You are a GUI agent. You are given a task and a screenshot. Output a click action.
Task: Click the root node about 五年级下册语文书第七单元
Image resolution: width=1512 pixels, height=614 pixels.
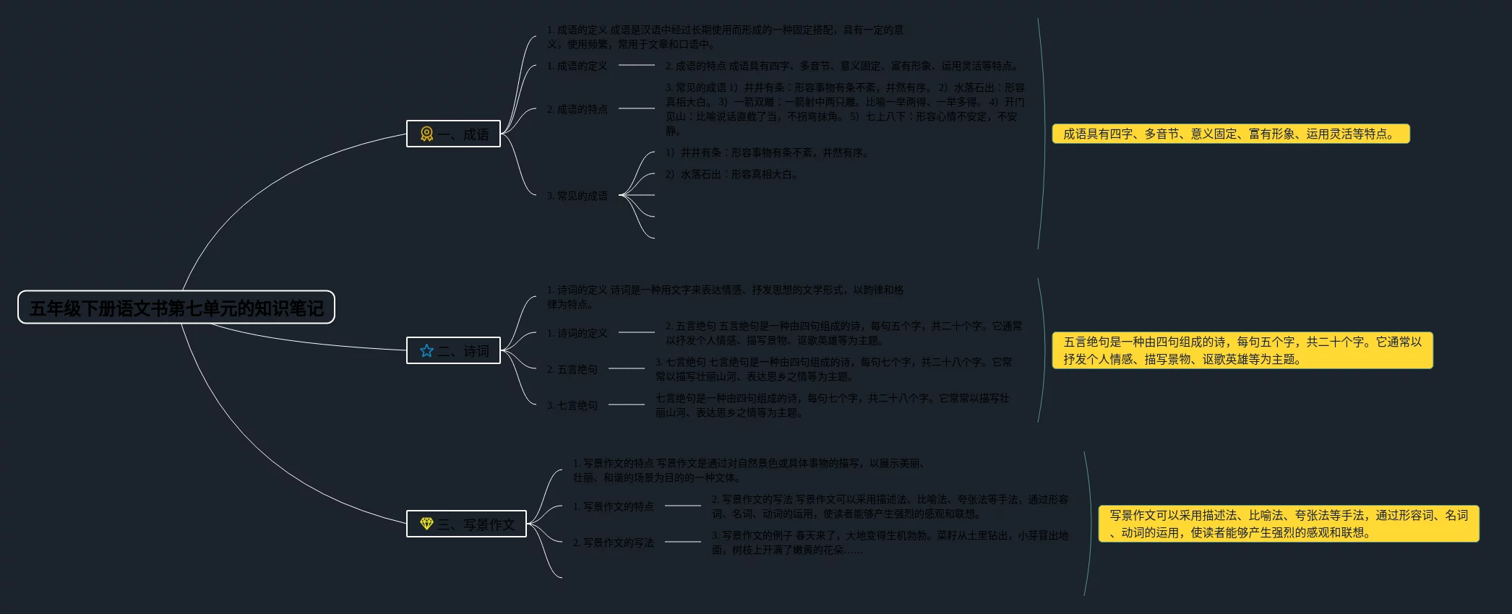pos(176,308)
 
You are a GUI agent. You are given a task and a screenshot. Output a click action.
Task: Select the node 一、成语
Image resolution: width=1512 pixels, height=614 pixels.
pos(453,134)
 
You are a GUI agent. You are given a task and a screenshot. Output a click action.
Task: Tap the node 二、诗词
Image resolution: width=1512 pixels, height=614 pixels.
pos(453,350)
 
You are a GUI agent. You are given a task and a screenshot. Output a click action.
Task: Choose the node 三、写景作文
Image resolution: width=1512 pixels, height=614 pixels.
pos(466,524)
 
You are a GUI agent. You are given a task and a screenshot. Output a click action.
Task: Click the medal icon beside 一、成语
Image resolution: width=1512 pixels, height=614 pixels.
pos(426,134)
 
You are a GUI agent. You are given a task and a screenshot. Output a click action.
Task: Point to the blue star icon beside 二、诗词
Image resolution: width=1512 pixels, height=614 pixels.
pos(426,350)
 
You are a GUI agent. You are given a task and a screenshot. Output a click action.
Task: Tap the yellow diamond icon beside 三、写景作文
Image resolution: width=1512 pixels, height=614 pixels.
pos(426,524)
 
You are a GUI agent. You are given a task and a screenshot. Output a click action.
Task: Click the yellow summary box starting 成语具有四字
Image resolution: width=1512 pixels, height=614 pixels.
pos(1230,134)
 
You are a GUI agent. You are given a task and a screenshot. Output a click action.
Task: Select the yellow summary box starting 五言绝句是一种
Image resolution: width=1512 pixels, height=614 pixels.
pos(1242,350)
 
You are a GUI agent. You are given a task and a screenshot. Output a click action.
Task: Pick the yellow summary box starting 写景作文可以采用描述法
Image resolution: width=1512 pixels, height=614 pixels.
pos(1288,524)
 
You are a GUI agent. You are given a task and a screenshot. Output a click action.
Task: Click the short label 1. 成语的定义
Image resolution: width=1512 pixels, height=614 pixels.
pos(577,66)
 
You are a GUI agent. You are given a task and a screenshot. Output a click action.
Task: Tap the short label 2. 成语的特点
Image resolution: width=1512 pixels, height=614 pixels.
pos(577,109)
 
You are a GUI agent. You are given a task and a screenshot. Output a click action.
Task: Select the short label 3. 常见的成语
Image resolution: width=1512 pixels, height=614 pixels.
pos(577,196)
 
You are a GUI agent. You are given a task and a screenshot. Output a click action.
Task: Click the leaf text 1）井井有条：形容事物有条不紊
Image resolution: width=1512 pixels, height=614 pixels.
pos(767,152)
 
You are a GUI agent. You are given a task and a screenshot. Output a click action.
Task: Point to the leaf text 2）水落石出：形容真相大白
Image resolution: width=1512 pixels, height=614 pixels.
pos(731,174)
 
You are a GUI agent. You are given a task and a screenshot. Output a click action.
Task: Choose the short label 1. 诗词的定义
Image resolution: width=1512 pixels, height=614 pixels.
pos(577,333)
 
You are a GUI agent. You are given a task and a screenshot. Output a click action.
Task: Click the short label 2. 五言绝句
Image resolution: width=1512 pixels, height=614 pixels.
pos(572,369)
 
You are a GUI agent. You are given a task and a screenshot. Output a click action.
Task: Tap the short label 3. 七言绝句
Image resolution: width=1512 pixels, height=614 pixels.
pos(572,405)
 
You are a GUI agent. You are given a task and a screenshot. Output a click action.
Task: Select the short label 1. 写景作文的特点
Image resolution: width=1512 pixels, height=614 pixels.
pos(613,506)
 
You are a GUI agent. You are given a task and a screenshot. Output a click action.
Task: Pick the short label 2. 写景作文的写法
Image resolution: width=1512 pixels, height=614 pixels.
pos(613,542)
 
